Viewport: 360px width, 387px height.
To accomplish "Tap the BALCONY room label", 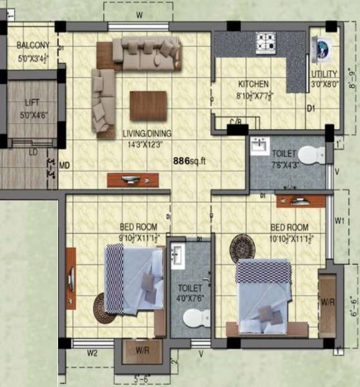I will (x=33, y=45).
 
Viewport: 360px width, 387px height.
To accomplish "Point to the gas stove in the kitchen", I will (x=266, y=43).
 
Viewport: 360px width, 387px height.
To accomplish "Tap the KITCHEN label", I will (x=254, y=84).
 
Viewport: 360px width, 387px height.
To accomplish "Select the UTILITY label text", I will (x=322, y=75).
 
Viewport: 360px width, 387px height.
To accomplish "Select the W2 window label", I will (x=92, y=353).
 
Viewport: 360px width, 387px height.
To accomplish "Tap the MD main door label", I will (x=64, y=166).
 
